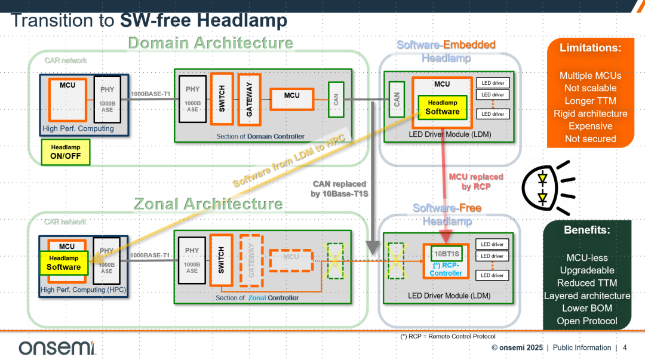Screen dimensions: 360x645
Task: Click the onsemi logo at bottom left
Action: click(x=57, y=347)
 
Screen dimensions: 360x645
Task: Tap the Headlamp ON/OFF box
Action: click(x=66, y=153)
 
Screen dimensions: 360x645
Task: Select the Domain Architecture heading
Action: click(x=210, y=43)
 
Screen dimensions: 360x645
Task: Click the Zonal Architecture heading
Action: click(x=208, y=204)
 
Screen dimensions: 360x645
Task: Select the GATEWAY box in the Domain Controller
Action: click(x=249, y=99)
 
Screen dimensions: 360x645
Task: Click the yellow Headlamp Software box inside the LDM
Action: click(x=443, y=107)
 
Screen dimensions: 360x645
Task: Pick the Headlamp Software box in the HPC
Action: click(x=64, y=263)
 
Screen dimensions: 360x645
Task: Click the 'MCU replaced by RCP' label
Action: click(x=475, y=181)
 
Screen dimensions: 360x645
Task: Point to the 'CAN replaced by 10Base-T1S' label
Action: click(x=339, y=188)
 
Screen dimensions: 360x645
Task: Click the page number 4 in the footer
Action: click(x=625, y=347)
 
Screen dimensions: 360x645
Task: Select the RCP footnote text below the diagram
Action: click(x=447, y=337)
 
